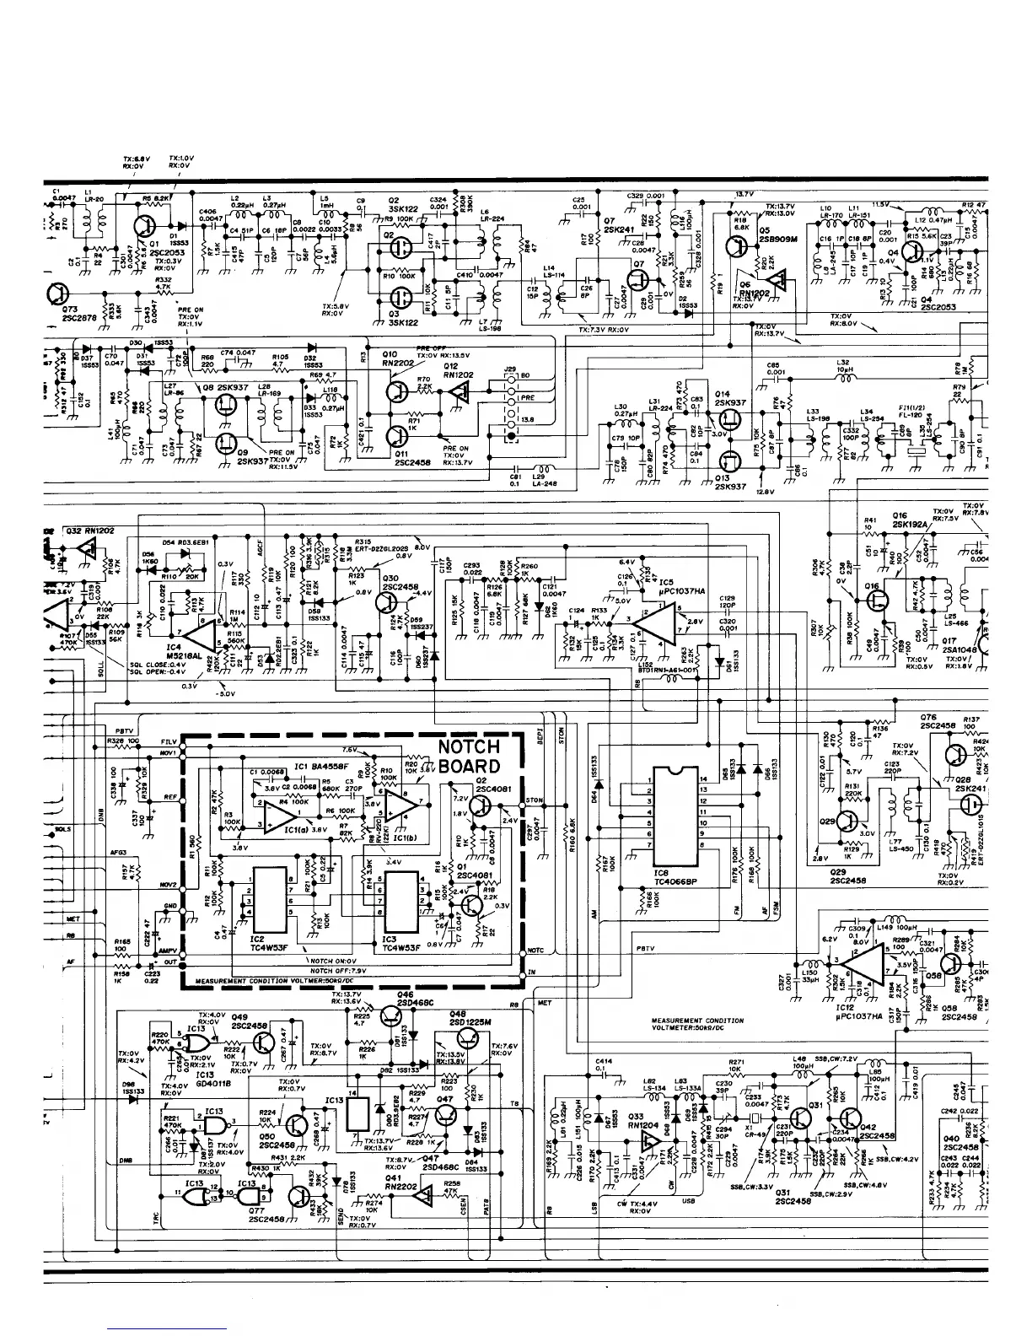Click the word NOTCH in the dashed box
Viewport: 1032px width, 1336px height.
pos(470,746)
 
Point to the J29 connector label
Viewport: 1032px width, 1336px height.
pos(509,369)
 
